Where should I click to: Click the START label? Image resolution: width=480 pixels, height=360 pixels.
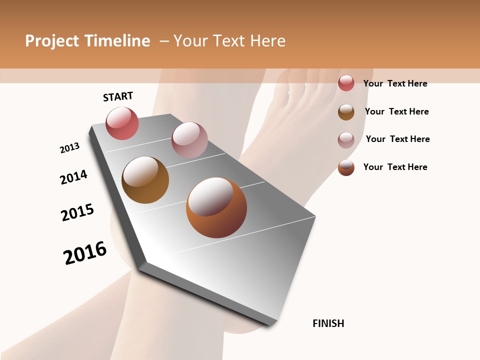click(118, 96)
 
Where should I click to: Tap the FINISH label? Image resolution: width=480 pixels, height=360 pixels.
click(328, 323)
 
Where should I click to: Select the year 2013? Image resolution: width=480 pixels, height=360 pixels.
click(69, 148)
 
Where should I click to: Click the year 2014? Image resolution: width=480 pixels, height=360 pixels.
click(73, 177)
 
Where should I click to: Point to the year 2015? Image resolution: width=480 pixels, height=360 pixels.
click(77, 212)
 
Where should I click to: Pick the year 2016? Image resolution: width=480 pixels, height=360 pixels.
click(85, 253)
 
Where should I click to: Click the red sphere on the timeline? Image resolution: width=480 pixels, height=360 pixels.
click(122, 123)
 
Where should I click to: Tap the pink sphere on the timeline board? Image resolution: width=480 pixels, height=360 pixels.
click(189, 140)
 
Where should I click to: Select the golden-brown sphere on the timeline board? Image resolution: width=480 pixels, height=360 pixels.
click(145, 180)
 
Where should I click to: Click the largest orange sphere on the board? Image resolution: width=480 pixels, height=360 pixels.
click(216, 207)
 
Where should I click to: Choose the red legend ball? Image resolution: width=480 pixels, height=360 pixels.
click(346, 83)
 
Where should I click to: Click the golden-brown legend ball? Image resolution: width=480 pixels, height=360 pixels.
click(346, 112)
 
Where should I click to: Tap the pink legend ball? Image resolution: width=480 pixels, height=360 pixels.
click(346, 140)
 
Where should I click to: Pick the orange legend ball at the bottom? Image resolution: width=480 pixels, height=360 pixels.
click(346, 167)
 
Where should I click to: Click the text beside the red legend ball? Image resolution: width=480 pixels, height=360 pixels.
click(395, 83)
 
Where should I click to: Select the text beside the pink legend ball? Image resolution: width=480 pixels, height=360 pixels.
click(397, 139)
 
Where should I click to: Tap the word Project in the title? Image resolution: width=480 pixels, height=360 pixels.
click(52, 41)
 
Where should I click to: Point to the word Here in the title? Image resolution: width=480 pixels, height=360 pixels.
click(267, 41)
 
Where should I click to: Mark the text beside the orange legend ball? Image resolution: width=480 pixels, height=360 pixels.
click(395, 167)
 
